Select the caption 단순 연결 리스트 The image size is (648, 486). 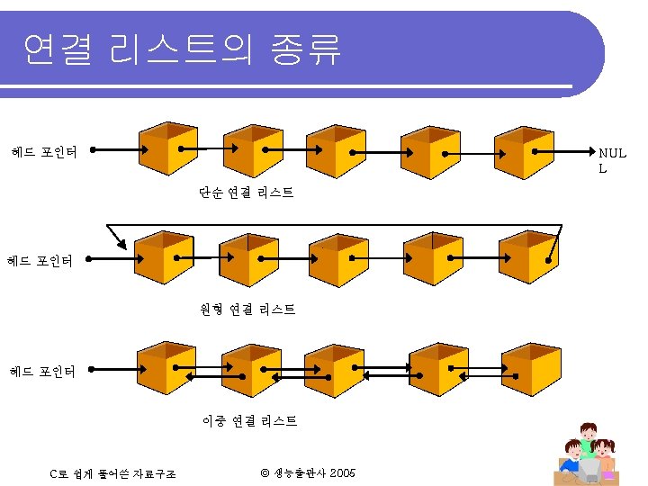point(247,193)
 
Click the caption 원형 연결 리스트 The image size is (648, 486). point(247,310)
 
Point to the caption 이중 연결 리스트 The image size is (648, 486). point(249,421)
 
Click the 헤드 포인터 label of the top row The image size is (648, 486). point(43,151)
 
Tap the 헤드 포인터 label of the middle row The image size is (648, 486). point(40,262)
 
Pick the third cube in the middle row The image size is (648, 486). point(338,259)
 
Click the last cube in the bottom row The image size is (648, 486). point(530,369)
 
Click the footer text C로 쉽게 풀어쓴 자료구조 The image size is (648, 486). point(113,473)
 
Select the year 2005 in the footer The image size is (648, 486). point(342,473)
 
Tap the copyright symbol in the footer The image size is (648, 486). point(265,473)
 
